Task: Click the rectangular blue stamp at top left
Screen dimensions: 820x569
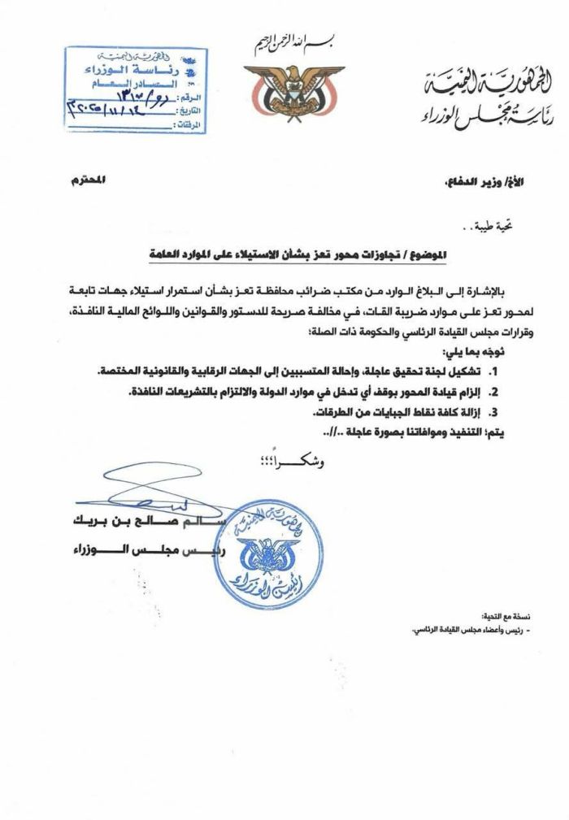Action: pos(136,89)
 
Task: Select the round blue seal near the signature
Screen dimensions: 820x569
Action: pos(264,553)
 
